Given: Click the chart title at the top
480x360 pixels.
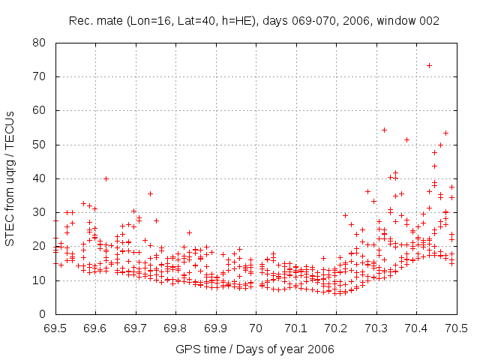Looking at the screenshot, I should coord(253,21).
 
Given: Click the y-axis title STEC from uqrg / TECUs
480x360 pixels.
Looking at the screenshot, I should coord(10,178).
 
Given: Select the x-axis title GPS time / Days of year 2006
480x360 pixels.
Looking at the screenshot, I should coord(255,349).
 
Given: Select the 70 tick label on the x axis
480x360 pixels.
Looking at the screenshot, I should coord(256,328).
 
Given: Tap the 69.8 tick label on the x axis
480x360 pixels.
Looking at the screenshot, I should coord(175,328).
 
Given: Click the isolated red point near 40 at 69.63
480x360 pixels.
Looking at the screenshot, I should coord(106,178).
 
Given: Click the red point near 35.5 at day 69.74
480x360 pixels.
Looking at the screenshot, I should coord(150,193).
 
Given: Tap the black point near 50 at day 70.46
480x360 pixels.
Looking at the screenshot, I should coord(440,145).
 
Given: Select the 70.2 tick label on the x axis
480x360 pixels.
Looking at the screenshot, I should coord(336,328).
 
